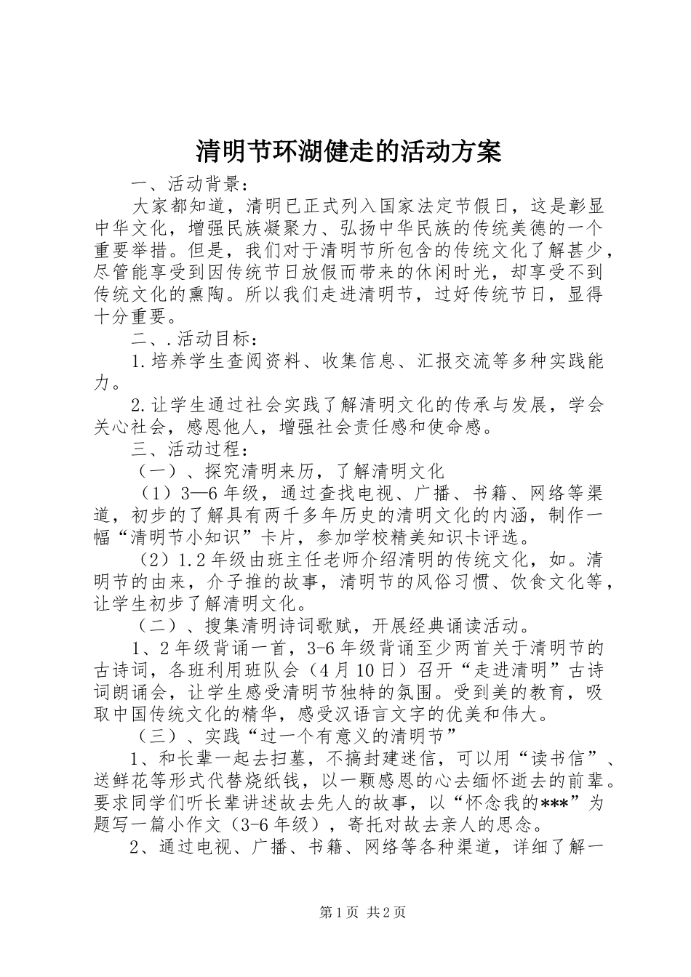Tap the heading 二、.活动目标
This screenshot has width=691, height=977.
[193, 338]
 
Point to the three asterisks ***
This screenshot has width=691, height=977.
[556, 803]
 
